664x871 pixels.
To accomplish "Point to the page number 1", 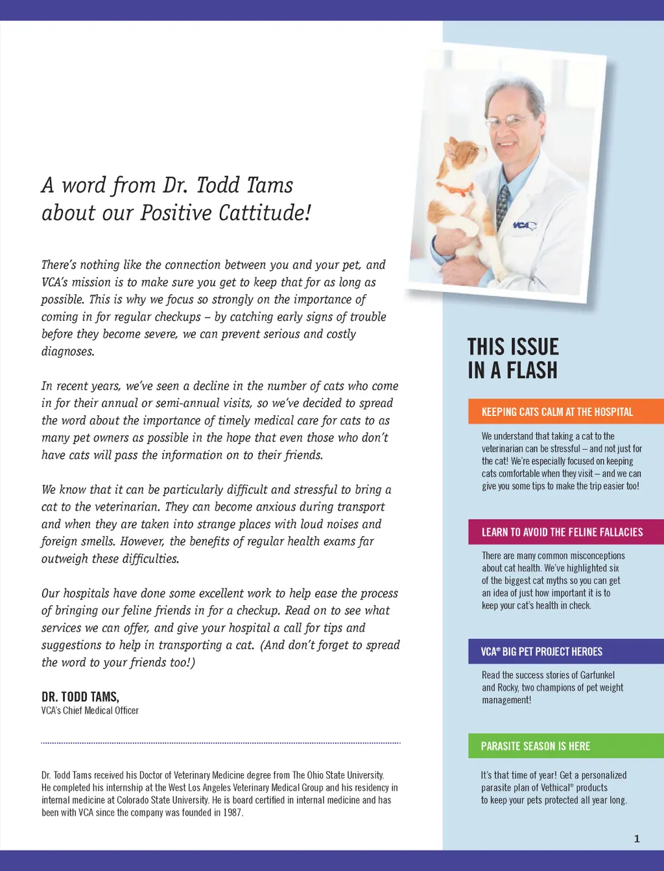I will coord(637,839).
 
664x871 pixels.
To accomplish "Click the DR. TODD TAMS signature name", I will coord(80,697).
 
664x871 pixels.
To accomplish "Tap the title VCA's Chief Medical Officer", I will coord(90,711).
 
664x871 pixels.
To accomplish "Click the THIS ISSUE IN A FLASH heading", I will coord(513,358).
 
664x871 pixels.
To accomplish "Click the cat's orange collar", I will coord(456,189).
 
